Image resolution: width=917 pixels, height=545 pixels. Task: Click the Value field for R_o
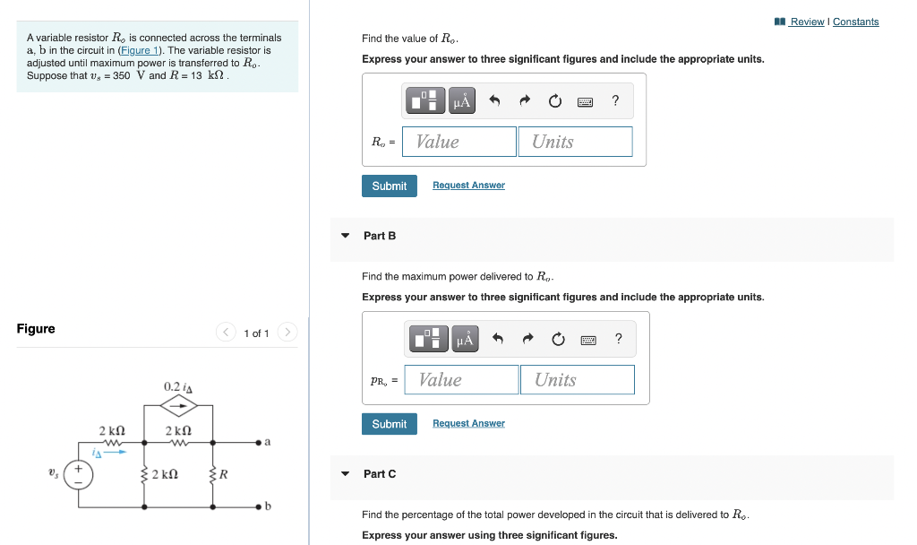click(x=459, y=142)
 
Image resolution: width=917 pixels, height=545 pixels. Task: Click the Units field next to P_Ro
click(x=577, y=380)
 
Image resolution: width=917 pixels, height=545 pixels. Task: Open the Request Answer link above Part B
click(x=468, y=186)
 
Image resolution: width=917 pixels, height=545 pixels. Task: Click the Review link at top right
click(x=807, y=22)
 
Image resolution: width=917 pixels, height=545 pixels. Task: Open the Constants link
click(x=855, y=22)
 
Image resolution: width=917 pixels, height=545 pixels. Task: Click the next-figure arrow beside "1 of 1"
click(x=287, y=333)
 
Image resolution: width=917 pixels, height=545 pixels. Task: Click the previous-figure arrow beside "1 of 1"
click(x=226, y=333)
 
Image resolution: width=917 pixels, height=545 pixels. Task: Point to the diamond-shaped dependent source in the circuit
click(x=179, y=406)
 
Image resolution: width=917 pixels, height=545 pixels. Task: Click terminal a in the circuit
click(x=258, y=442)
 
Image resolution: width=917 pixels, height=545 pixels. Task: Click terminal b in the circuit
click(x=258, y=507)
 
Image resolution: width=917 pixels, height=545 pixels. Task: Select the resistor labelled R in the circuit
click(x=213, y=474)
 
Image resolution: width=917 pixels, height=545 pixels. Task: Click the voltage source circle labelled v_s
click(x=79, y=475)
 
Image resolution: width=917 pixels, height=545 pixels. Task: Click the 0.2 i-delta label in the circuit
click(x=178, y=386)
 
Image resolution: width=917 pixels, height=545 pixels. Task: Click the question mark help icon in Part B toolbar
click(x=618, y=339)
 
